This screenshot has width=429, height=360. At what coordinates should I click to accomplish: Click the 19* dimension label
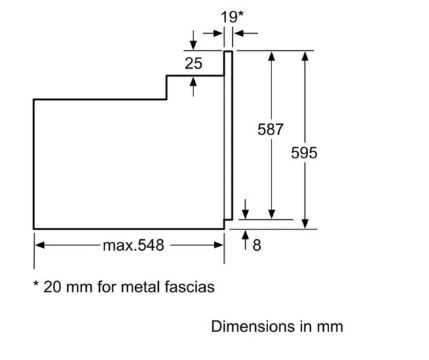tap(232, 17)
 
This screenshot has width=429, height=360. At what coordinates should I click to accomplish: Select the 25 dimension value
tap(193, 63)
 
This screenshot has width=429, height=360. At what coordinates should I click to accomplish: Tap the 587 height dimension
tap(270, 129)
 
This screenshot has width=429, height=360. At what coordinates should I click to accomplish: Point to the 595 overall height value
tap(304, 153)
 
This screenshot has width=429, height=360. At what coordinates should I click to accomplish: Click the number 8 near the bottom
tap(257, 245)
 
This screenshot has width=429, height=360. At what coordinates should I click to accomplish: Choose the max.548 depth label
tap(134, 245)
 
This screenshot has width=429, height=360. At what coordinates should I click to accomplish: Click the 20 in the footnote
tap(52, 287)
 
